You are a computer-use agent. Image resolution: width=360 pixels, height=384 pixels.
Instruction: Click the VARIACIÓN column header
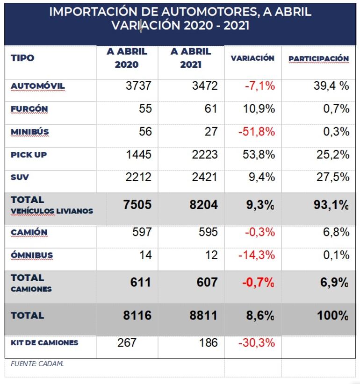coord(252,58)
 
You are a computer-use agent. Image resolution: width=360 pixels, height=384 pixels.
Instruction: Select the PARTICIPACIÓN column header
coord(318,58)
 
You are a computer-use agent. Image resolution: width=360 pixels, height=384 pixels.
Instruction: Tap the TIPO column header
coord(22,58)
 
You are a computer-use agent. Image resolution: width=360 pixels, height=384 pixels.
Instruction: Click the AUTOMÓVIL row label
coord(37,86)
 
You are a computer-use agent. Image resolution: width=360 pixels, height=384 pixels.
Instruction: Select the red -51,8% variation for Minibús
coord(257,132)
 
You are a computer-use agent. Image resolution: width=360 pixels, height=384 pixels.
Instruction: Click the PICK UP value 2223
coord(204,155)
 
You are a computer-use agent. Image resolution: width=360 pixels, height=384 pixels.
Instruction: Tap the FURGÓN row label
coord(29,109)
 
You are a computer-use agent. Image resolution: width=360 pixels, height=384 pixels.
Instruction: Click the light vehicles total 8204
coord(203,204)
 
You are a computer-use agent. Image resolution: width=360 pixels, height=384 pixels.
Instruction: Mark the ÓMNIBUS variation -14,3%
coord(257,255)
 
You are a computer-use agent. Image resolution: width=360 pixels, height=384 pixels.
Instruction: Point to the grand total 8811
coord(203,315)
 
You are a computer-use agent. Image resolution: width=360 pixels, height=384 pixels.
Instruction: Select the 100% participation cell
coord(333,315)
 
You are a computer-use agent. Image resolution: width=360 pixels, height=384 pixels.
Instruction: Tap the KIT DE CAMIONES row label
coord(44,342)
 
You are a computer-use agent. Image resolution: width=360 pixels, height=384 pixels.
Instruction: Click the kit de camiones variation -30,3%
coord(257,343)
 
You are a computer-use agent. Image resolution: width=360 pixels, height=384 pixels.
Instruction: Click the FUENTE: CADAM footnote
coord(37,364)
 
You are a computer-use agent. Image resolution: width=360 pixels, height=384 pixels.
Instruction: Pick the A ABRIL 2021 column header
coord(191,58)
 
